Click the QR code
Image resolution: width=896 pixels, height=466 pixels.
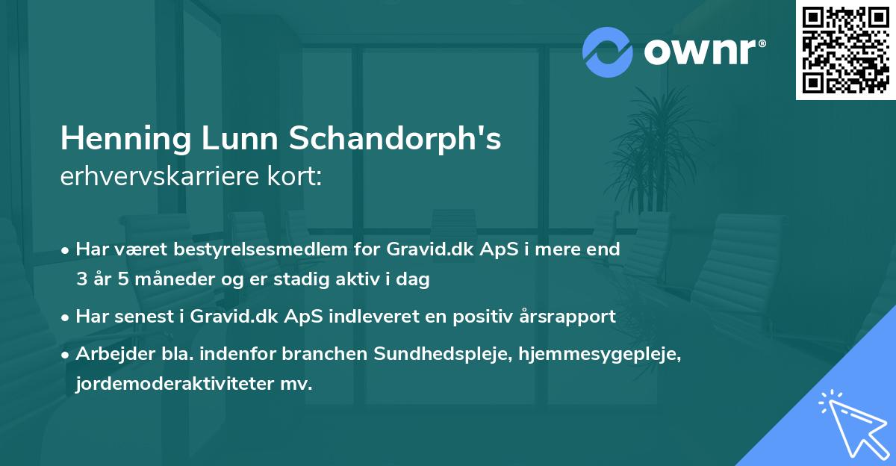[x=846, y=50]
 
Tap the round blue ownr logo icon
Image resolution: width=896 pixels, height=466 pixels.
[x=609, y=52]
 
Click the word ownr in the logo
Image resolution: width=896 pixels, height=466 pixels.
[x=702, y=52]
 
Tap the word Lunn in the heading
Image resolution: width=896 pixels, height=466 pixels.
[x=247, y=139]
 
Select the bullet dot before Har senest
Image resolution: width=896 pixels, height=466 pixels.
[x=66, y=317]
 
